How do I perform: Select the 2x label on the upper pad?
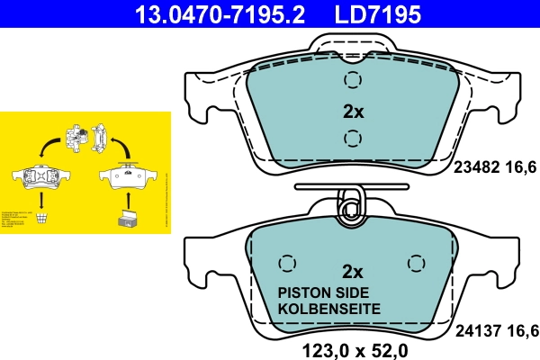click(x=353, y=112)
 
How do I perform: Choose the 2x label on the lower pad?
click(x=353, y=272)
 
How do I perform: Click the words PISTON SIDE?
click(x=328, y=292)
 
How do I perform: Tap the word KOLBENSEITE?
click(x=328, y=309)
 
